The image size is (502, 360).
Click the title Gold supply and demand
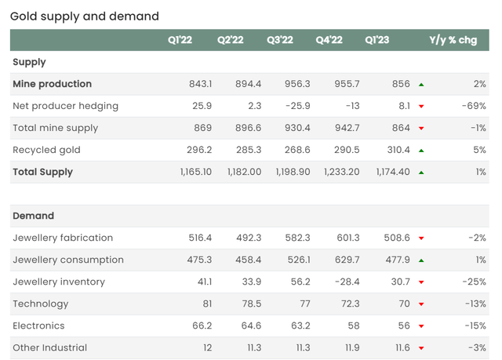85,16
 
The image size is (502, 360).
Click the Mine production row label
52,84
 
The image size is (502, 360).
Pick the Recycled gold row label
46,150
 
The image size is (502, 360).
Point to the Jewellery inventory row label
59,282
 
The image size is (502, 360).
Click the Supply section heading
29,62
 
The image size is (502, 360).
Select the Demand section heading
33,216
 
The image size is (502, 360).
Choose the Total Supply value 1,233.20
342,172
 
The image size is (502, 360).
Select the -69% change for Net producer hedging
474,106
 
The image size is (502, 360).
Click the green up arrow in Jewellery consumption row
421,260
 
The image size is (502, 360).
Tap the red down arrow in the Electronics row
421,325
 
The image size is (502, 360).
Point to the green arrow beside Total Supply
421,172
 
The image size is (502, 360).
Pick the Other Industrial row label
49,347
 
